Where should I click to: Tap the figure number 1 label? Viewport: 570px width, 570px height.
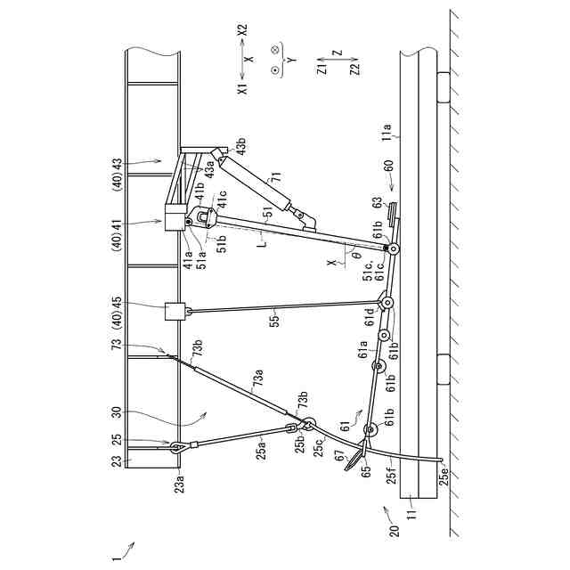click(116, 558)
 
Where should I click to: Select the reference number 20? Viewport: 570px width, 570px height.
click(387, 525)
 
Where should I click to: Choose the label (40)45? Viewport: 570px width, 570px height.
click(118, 311)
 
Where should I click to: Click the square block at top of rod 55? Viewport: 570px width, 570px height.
click(175, 312)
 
